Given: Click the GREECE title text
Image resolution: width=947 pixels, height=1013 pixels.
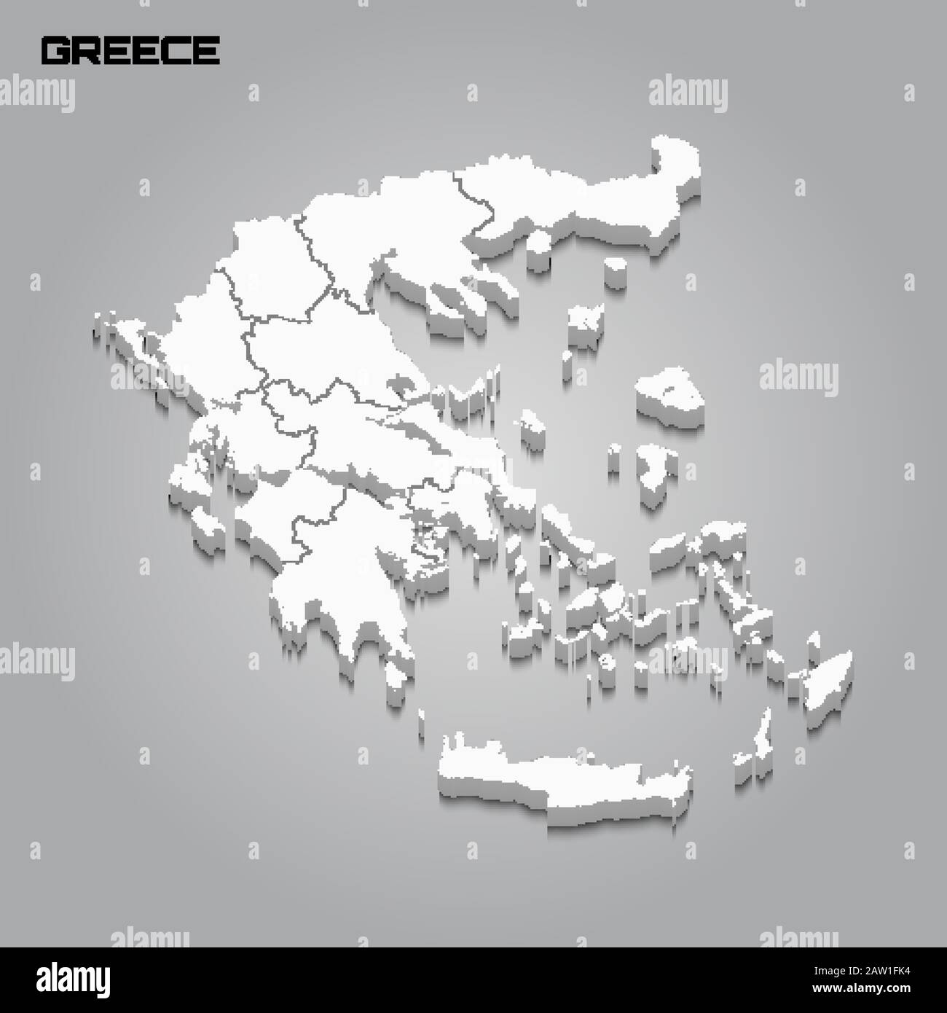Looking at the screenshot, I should coord(131,49).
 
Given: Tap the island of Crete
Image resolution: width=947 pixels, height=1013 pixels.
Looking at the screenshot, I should coord(561,772).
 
